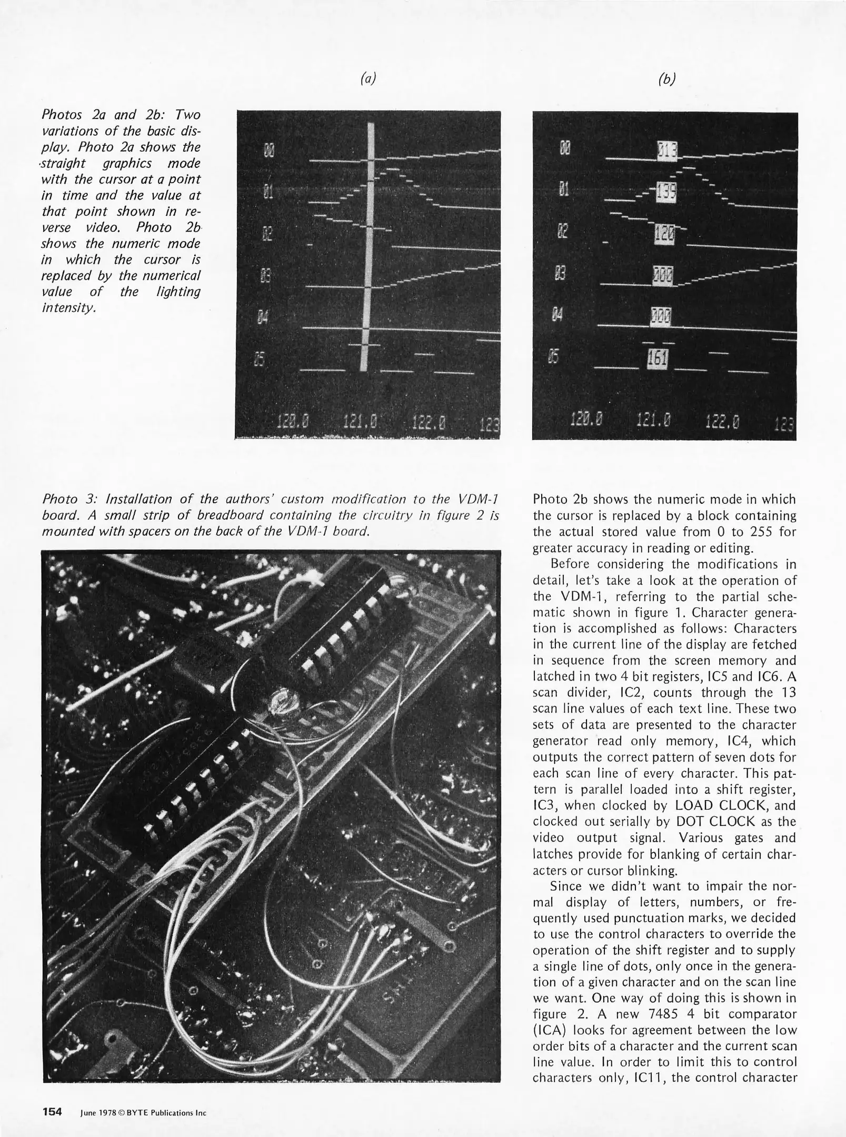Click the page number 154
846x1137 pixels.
click(x=52, y=1112)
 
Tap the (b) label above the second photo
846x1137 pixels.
click(x=666, y=79)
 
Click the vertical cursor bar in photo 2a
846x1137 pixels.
click(x=371, y=247)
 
